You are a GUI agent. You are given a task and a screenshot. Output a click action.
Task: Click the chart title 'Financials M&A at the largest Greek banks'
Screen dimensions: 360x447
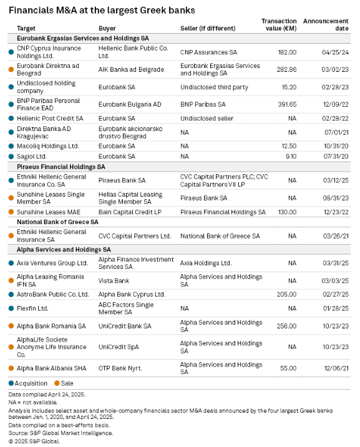point(102,10)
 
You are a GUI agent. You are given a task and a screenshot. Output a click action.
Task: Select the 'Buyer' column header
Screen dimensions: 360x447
point(107,28)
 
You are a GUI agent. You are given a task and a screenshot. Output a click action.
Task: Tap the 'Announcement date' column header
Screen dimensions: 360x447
point(326,24)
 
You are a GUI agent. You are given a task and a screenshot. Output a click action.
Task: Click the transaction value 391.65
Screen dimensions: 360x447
point(287,104)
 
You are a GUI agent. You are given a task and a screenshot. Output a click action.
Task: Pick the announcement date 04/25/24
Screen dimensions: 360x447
point(335,52)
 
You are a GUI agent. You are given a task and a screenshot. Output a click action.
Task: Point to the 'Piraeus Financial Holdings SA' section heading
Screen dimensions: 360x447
point(61,167)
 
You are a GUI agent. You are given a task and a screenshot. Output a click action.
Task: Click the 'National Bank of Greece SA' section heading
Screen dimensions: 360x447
point(57,222)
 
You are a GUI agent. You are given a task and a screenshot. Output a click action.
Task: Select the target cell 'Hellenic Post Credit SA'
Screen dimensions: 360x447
point(50,119)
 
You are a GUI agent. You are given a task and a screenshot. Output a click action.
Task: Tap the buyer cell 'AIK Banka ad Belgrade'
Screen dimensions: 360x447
point(131,69)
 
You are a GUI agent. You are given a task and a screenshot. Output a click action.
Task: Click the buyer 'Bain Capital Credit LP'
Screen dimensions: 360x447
point(130,212)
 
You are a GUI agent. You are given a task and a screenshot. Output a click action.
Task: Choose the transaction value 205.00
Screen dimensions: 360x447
point(286,294)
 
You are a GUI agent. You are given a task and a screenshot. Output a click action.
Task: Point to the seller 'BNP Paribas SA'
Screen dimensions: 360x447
point(203,104)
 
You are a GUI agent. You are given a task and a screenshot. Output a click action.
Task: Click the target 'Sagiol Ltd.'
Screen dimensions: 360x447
point(32,156)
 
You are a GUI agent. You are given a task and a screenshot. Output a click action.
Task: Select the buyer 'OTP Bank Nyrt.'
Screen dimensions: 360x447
point(120,368)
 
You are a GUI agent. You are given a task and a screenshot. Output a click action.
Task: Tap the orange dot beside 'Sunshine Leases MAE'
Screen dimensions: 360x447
point(11,212)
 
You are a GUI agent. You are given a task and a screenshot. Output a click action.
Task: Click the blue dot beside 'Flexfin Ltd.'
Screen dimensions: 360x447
point(11,308)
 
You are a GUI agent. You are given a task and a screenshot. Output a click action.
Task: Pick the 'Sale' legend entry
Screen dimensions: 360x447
point(64,383)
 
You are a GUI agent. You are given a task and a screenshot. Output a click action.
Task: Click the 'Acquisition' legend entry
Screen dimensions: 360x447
point(28,383)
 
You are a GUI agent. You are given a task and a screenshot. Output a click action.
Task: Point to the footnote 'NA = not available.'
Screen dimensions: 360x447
point(32,402)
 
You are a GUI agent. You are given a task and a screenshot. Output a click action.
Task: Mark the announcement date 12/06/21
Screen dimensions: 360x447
point(336,368)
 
